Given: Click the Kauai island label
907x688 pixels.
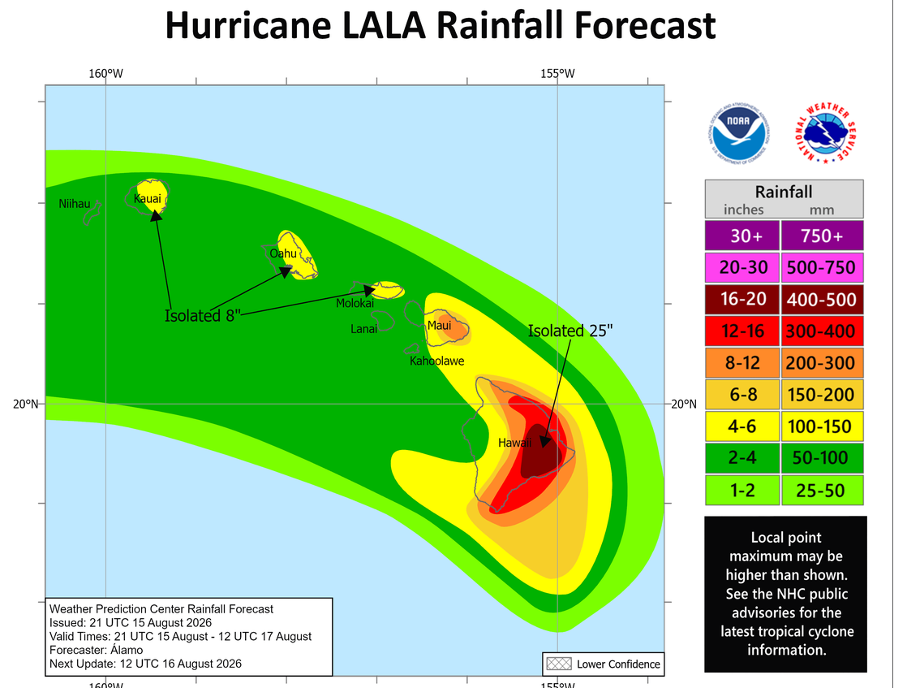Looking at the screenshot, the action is click(148, 199).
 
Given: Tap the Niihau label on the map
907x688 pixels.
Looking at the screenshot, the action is click(75, 204).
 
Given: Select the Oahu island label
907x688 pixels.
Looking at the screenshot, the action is click(283, 253).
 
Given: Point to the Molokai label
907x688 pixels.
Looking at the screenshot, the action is click(355, 303).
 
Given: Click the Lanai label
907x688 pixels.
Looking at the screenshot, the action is click(363, 329).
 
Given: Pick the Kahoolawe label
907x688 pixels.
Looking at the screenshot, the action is click(436, 361).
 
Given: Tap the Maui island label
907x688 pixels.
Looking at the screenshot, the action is click(439, 325).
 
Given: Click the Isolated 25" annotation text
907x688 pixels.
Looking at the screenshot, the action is click(570, 331).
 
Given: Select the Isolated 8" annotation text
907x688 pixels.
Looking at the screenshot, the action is click(203, 316).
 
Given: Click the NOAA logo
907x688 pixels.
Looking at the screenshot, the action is click(739, 133).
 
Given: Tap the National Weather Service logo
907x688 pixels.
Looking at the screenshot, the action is click(825, 133).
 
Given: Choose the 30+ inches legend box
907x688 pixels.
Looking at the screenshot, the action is click(742, 235).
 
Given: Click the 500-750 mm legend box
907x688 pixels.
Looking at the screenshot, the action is click(822, 267).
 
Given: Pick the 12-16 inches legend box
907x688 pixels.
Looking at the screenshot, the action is click(742, 331).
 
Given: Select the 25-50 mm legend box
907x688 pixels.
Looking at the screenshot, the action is click(822, 490).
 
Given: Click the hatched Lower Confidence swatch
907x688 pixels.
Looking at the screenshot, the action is click(559, 664).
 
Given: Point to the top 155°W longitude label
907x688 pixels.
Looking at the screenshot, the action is click(557, 74).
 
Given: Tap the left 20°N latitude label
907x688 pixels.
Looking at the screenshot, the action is click(25, 404).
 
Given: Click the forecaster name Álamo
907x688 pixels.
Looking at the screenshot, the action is click(127, 650).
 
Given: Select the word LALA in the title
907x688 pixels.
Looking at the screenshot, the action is click(384, 25).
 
